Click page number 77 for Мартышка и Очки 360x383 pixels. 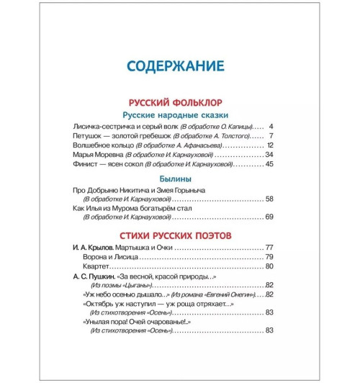coord(270,247)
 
